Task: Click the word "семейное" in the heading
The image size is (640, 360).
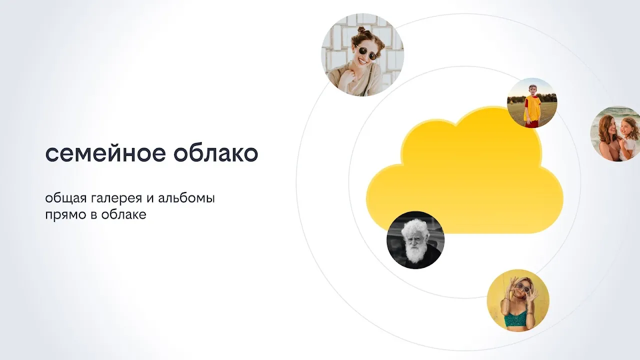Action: pyautogui.click(x=105, y=153)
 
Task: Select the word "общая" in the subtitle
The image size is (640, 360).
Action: pyautogui.click(x=65, y=198)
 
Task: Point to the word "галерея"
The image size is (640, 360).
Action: pyautogui.click(x=117, y=199)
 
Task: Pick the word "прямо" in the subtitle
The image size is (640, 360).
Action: pyautogui.click(x=66, y=215)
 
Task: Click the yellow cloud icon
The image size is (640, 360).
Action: pyautogui.click(x=464, y=171)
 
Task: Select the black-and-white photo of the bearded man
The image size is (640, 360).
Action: pyautogui.click(x=415, y=240)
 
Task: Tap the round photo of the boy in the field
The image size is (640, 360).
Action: pyautogui.click(x=532, y=103)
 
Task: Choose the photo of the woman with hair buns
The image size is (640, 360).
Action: pyautogui.click(x=363, y=55)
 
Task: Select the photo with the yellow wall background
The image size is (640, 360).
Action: pyautogui.click(x=518, y=300)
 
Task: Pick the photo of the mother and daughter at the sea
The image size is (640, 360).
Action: pyautogui.click(x=615, y=133)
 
